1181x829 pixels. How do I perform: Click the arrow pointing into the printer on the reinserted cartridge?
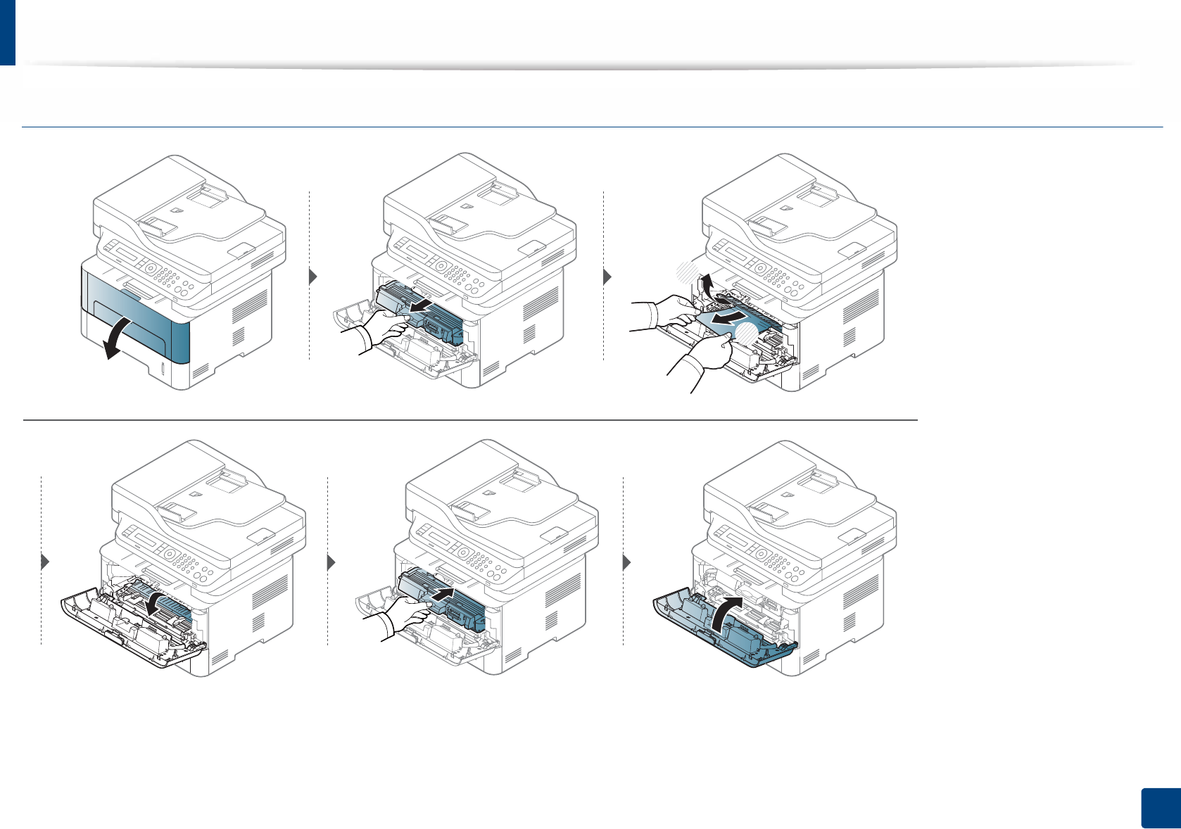click(x=440, y=595)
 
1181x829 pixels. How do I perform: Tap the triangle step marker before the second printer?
click(x=314, y=277)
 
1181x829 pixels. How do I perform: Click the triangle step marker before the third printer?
click(x=608, y=277)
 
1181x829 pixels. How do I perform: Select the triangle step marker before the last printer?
click(x=627, y=563)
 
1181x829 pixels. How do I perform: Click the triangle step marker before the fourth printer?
click(x=46, y=562)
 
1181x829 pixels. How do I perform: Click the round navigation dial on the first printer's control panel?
click(x=149, y=268)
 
